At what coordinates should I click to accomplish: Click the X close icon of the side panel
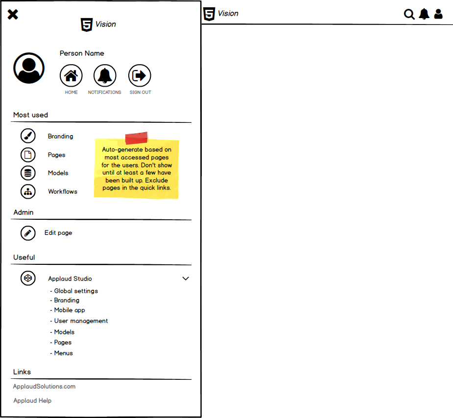[x=13, y=15]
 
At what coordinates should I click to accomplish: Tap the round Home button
[x=71, y=76]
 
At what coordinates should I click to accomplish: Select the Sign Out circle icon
[x=140, y=76]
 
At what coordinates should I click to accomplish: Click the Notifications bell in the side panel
[x=105, y=76]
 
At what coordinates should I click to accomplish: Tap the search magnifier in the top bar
[x=409, y=14]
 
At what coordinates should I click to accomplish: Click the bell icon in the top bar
[x=424, y=14]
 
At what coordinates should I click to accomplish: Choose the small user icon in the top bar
[x=438, y=14]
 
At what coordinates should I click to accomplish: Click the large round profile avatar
[x=29, y=68]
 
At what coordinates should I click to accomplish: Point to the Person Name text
[x=82, y=53]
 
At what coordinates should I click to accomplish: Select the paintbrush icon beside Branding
[x=28, y=136]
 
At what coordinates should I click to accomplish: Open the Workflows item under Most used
[x=63, y=191]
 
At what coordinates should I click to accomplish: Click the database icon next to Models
[x=28, y=173]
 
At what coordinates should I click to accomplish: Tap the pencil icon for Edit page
[x=28, y=233]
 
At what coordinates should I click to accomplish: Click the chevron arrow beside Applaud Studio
[x=186, y=279]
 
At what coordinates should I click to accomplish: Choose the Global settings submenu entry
[x=76, y=291]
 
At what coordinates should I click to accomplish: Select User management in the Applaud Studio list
[x=81, y=321]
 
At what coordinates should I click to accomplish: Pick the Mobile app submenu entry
[x=70, y=310]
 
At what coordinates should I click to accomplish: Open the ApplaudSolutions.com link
[x=45, y=387]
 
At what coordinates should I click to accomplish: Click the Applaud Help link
[x=32, y=401]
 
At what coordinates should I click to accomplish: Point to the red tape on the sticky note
[x=136, y=138]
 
